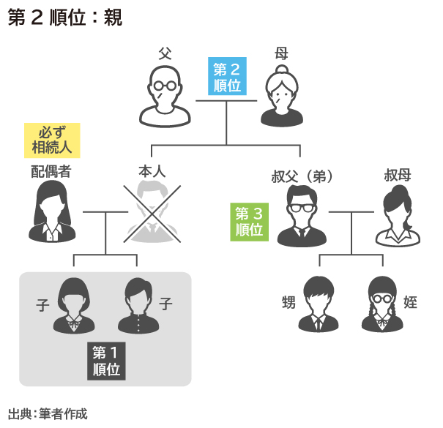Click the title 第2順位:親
(x=64, y=18)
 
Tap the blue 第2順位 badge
(x=227, y=77)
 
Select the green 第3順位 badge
(x=249, y=222)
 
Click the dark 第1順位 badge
(x=107, y=360)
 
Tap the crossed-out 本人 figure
(x=154, y=212)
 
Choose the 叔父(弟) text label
(x=302, y=176)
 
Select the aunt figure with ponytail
(x=398, y=217)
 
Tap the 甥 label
(x=288, y=301)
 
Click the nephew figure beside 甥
(x=321, y=304)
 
